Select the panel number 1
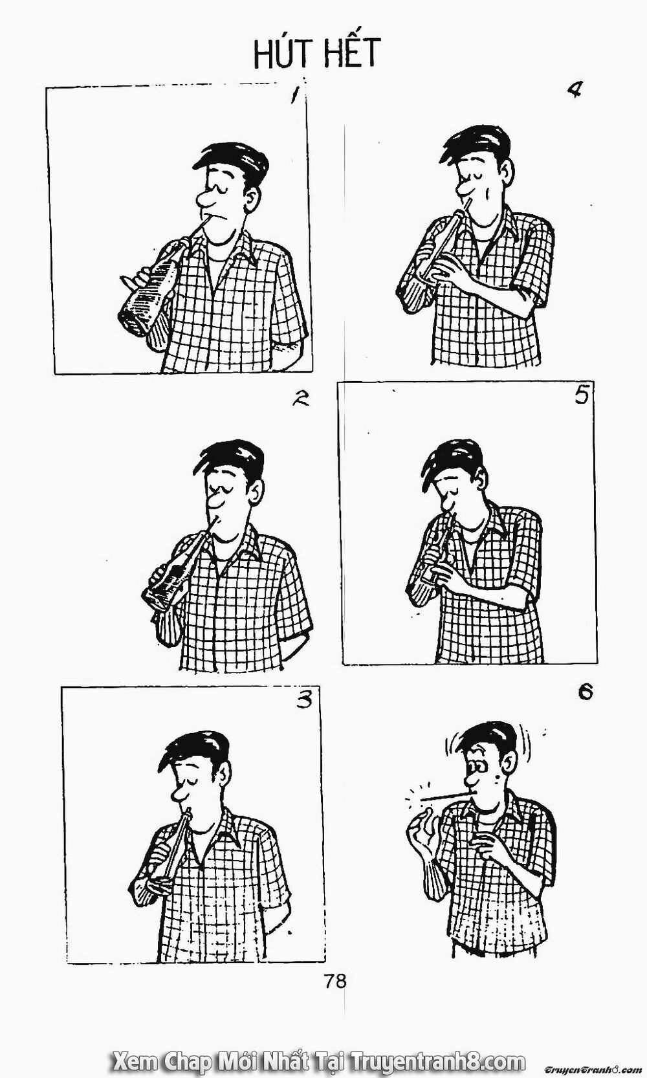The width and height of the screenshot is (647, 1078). pyautogui.click(x=294, y=95)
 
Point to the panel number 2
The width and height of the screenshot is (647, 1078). pyautogui.click(x=300, y=399)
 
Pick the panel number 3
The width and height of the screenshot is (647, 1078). pyautogui.click(x=304, y=700)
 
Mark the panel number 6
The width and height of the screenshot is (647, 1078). pyautogui.click(x=585, y=693)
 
